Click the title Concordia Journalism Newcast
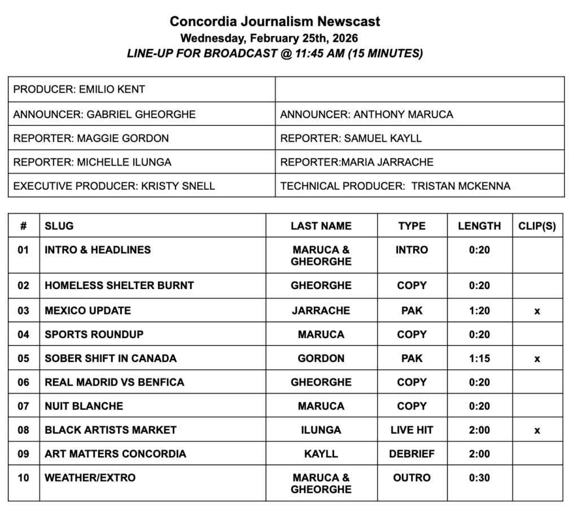(275, 21)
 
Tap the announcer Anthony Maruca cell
(366, 114)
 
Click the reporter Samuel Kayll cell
(351, 138)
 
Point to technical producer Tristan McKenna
(395, 186)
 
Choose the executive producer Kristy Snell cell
(114, 186)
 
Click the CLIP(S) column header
(537, 226)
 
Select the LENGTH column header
(479, 226)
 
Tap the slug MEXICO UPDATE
(87, 311)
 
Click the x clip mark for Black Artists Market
(537, 431)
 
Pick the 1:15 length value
(479, 359)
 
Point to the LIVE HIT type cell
(411, 430)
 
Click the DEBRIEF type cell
(411, 454)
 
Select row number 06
(23, 382)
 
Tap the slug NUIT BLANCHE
(84, 406)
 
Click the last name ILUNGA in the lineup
(321, 430)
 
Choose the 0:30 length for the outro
(479, 478)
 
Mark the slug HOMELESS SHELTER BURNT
(119, 286)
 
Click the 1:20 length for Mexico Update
(479, 311)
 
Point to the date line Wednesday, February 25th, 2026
(269, 38)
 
